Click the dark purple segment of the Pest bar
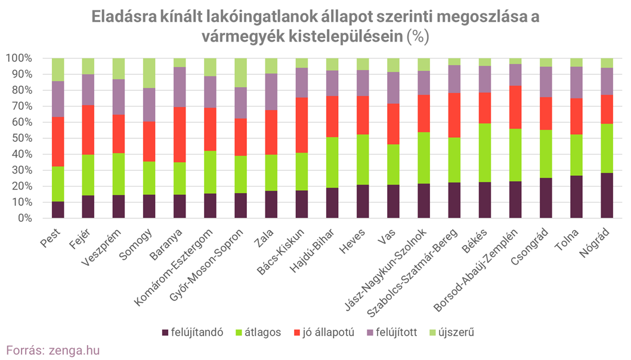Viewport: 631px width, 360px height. point(58,210)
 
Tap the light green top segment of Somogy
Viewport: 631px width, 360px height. point(149,73)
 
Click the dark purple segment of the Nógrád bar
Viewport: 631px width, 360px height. point(607,195)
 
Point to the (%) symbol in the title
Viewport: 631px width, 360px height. point(417,36)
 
